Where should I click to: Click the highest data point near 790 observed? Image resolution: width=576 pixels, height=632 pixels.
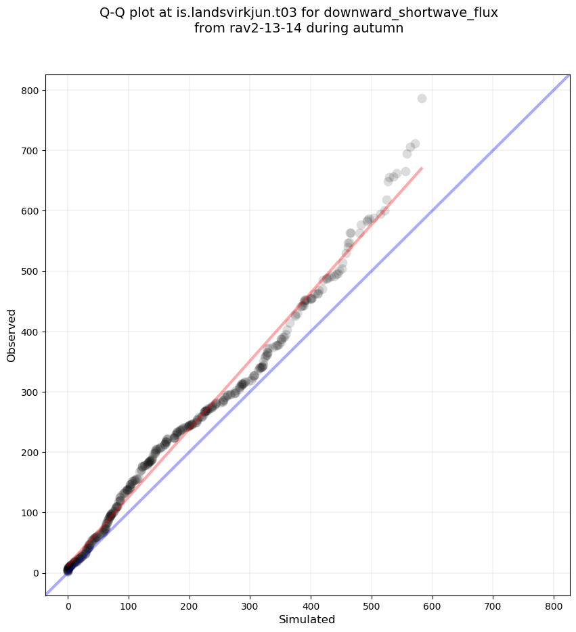click(422, 99)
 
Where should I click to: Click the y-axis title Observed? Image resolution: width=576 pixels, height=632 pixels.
click(12, 335)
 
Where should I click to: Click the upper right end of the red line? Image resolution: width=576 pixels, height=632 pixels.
click(422, 168)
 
